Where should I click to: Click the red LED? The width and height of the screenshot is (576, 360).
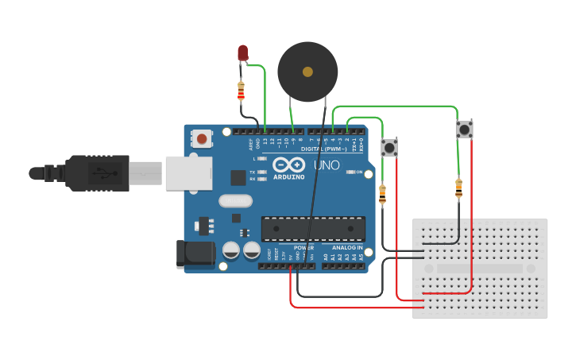(x=243, y=53)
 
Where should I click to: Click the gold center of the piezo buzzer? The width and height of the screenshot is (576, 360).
(x=307, y=72)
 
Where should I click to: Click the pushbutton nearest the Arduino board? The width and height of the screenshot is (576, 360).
(x=389, y=147)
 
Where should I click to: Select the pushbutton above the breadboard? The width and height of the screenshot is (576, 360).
(x=464, y=129)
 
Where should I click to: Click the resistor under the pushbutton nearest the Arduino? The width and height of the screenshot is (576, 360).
(x=383, y=193)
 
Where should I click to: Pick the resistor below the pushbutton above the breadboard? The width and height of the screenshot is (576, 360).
(x=458, y=188)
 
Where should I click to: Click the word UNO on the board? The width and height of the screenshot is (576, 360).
(x=327, y=165)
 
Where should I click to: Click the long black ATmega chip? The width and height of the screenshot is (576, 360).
(x=313, y=228)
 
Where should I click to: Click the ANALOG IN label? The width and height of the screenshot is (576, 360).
(x=348, y=248)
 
